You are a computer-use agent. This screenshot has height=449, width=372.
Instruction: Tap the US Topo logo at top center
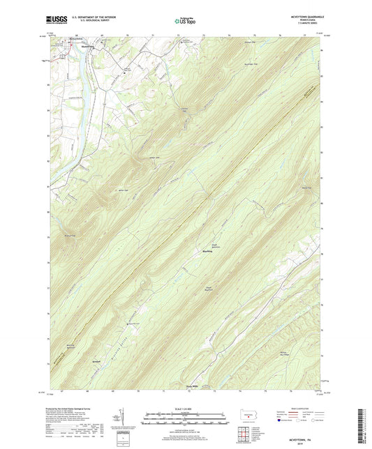185,22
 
